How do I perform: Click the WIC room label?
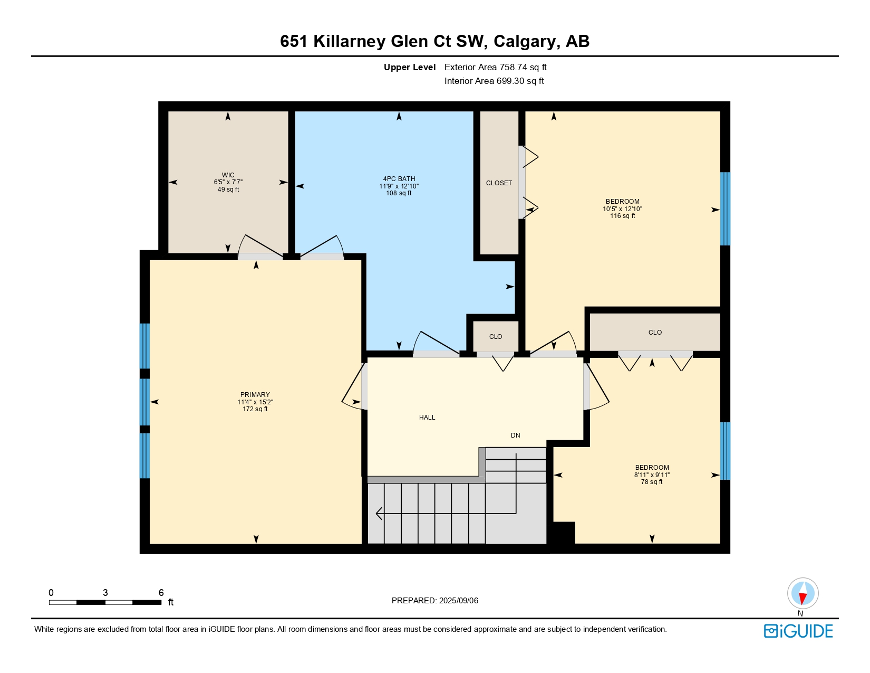tap(228, 175)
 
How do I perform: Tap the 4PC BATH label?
tap(399, 179)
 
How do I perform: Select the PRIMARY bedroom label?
tap(255, 395)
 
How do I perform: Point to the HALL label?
tap(427, 418)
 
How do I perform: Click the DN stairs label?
tap(516, 435)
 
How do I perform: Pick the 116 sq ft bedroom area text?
tap(623, 216)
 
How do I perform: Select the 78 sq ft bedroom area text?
tap(652, 482)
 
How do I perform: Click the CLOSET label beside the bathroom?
tap(499, 183)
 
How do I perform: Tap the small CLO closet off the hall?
tap(496, 337)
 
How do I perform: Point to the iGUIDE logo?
tap(798, 631)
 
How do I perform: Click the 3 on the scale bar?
tap(105, 593)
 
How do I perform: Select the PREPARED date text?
tap(435, 601)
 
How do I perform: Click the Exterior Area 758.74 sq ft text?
tap(496, 67)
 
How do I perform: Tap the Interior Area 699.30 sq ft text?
tap(494, 81)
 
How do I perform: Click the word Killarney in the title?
tap(350, 41)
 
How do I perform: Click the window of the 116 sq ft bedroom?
tap(726, 209)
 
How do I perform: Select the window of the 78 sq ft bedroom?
tap(726, 451)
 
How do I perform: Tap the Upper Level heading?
tap(410, 67)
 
